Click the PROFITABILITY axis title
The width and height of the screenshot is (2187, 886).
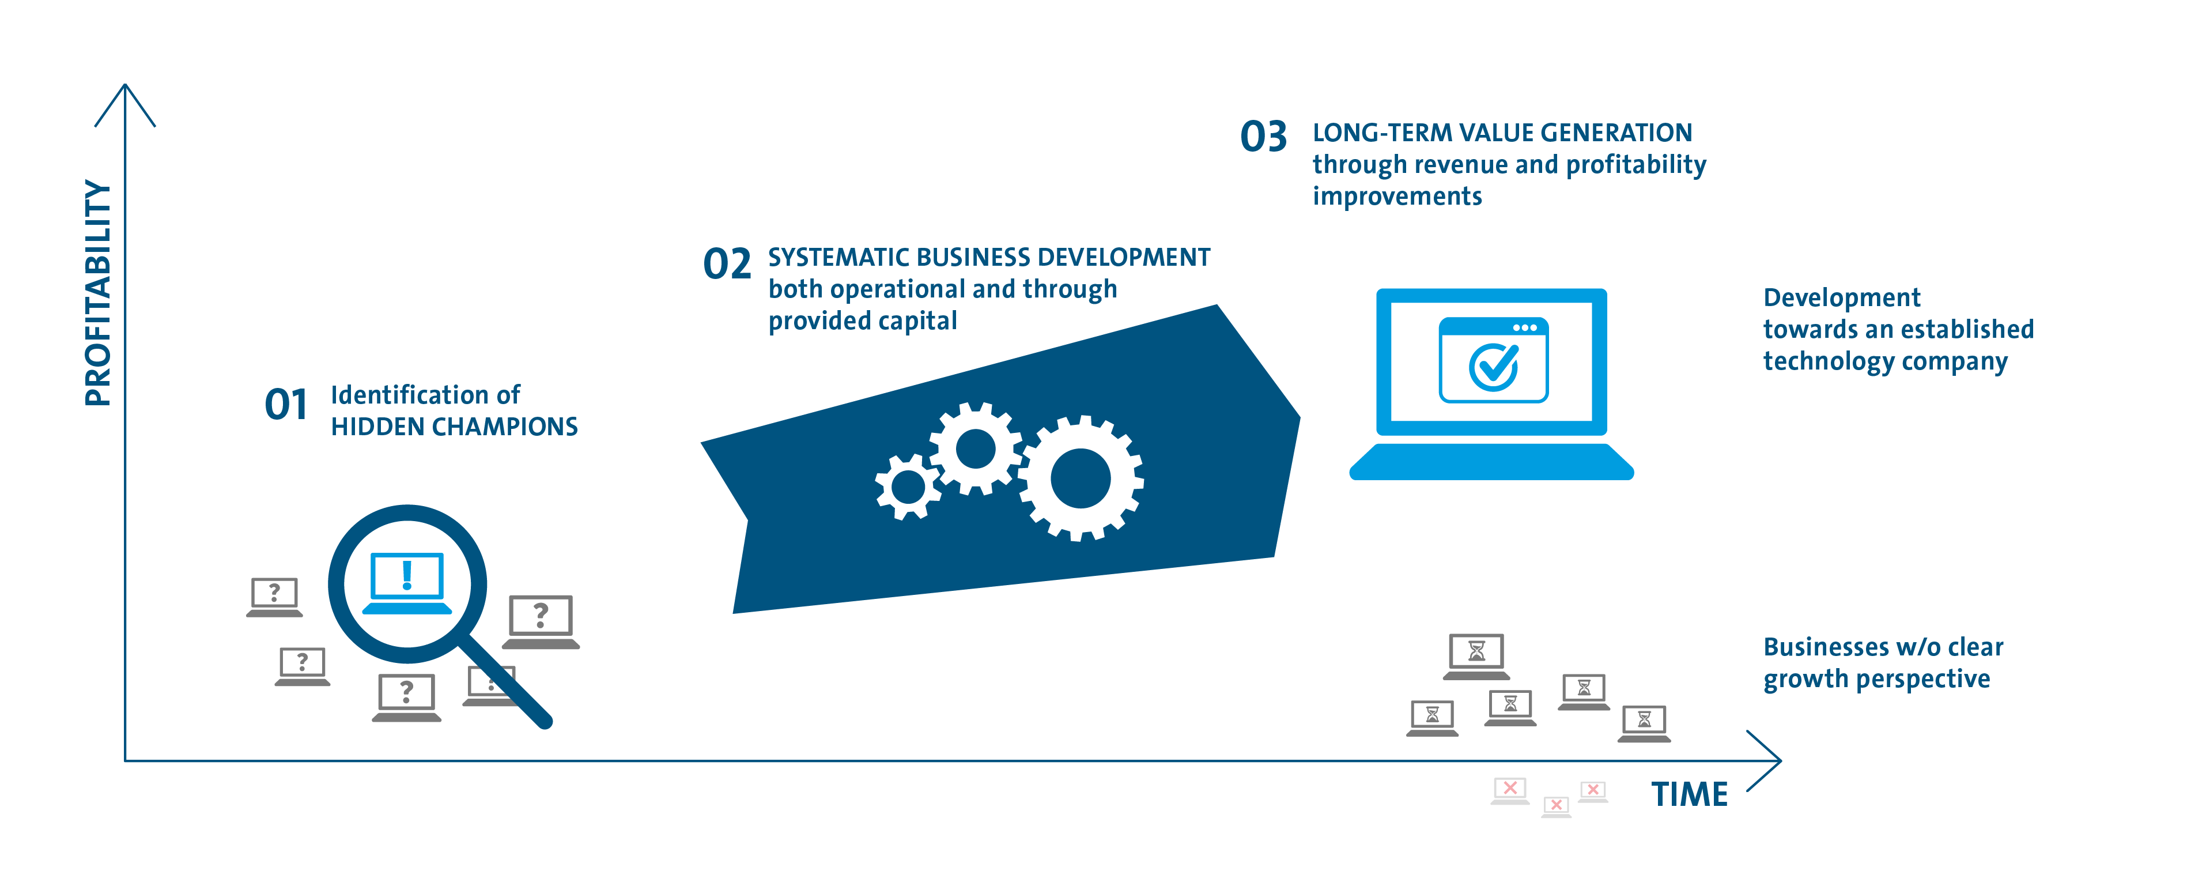pos(97,293)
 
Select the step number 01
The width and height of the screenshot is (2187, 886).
pos(286,404)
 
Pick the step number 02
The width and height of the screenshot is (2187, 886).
pos(727,263)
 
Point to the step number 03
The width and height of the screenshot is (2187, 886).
pos(1263,137)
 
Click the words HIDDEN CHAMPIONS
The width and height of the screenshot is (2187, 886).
pos(454,427)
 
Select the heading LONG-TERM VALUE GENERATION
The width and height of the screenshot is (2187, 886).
pos(1502,133)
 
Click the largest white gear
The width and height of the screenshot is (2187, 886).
pos(1081,478)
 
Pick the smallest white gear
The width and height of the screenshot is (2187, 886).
pos(908,487)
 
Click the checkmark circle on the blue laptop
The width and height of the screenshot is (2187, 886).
pos(1493,367)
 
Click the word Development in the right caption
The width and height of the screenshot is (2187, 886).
pos(1841,297)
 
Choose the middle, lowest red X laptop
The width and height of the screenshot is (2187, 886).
pos(1556,806)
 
